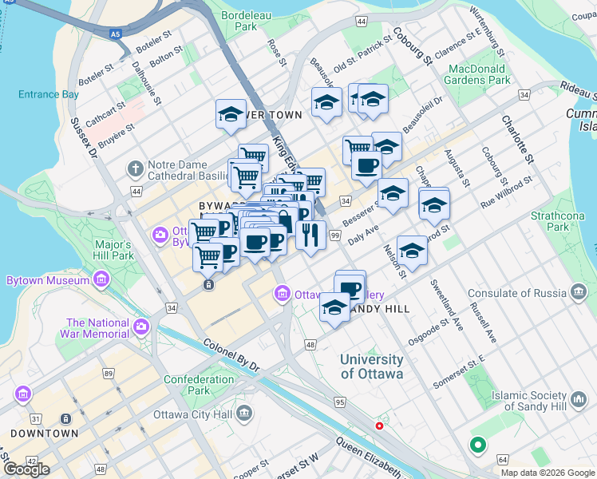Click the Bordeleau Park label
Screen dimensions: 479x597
pyautogui.click(x=239, y=20)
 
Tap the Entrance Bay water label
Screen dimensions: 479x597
pyautogui.click(x=49, y=94)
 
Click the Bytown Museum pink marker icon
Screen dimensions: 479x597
pyautogui.click(x=101, y=280)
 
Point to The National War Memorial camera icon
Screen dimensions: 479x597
pyautogui.click(x=142, y=327)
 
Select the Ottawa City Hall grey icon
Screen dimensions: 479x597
pyautogui.click(x=244, y=414)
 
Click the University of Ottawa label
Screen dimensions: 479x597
pyautogui.click(x=372, y=366)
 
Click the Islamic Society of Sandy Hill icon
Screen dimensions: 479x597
pyautogui.click(x=578, y=397)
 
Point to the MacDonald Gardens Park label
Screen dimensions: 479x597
pyautogui.click(x=479, y=74)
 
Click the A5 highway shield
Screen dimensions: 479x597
pyautogui.click(x=117, y=34)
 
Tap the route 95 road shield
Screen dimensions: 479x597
pyautogui.click(x=340, y=402)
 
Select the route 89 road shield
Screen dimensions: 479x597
pyautogui.click(x=109, y=373)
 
